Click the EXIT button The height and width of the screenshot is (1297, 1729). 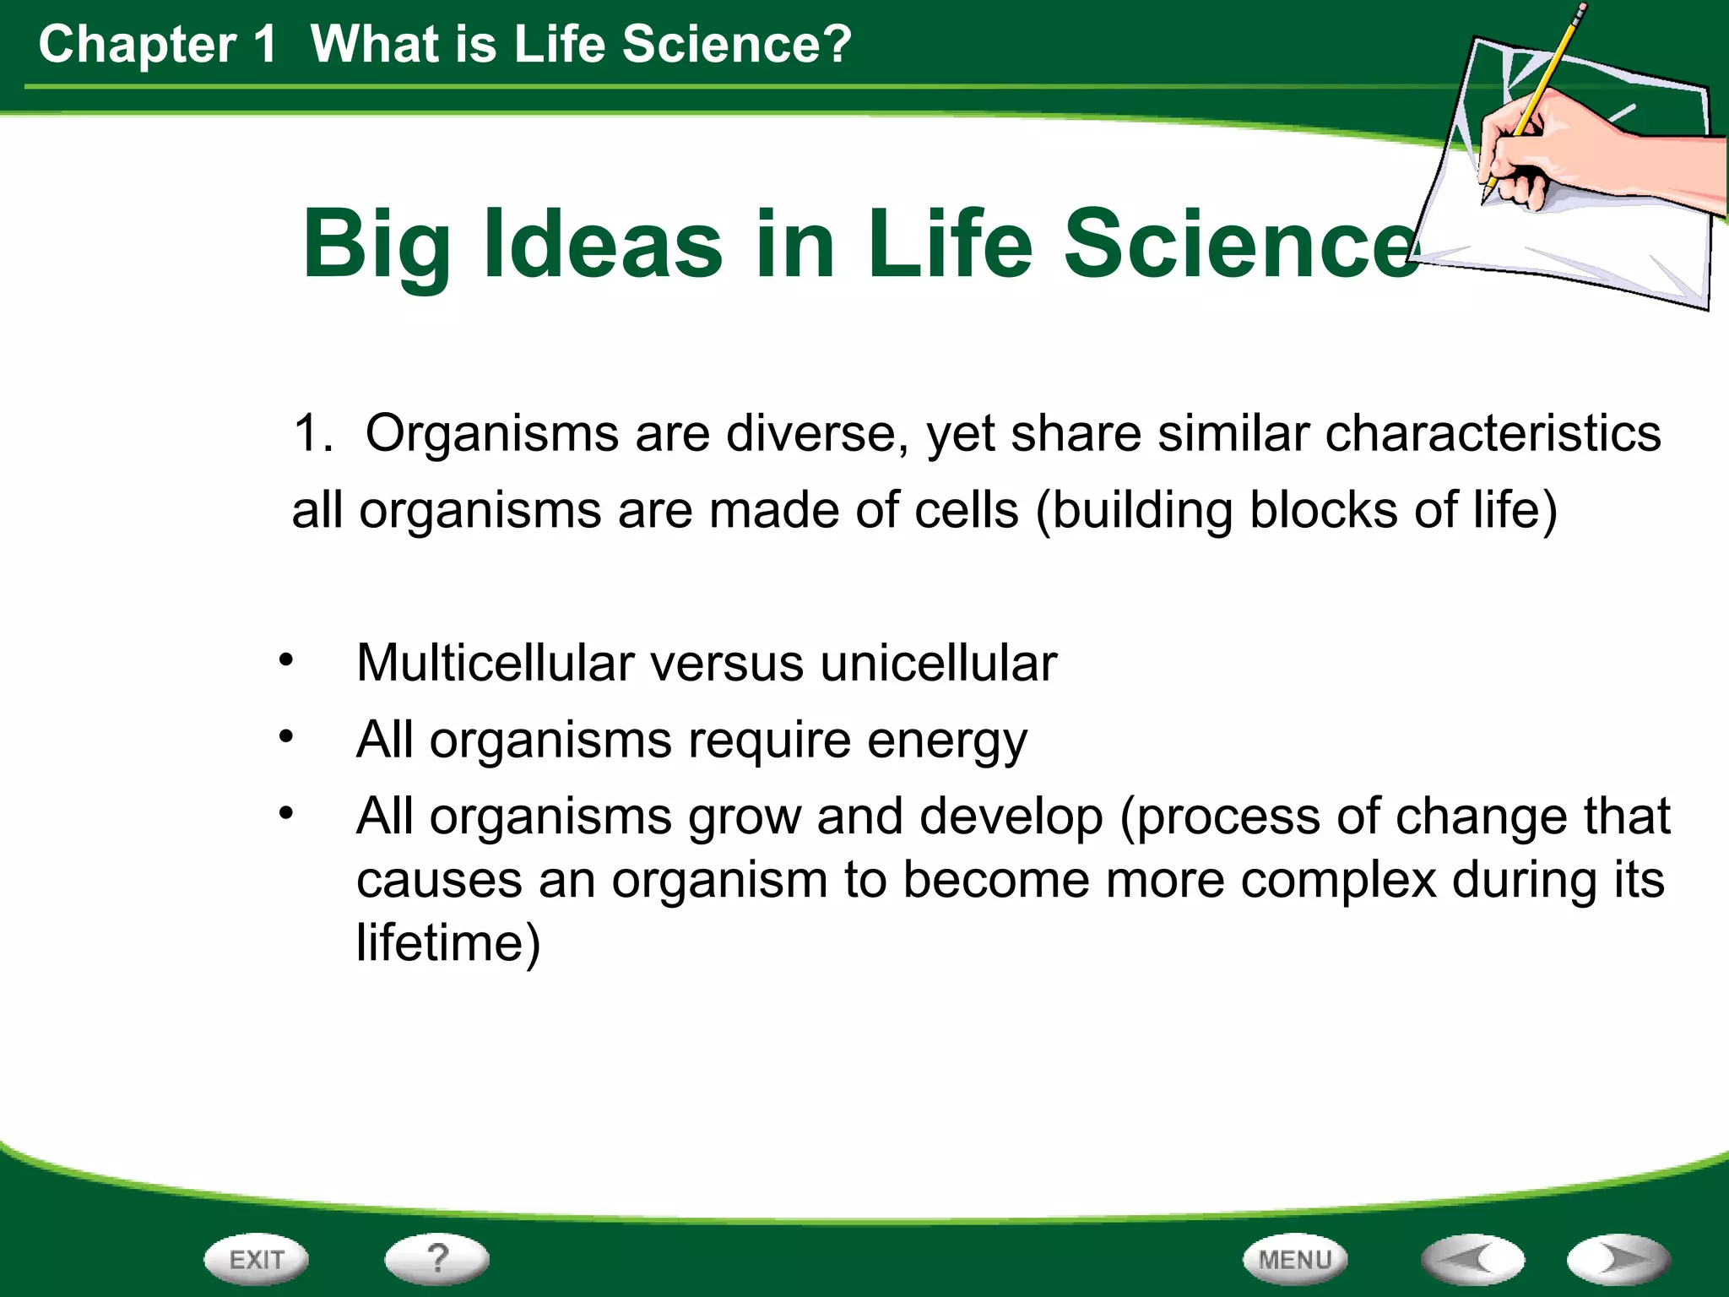point(256,1260)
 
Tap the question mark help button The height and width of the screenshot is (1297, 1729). point(436,1259)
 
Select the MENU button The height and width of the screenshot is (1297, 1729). point(1294,1260)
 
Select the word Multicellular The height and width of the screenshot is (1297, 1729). point(495,663)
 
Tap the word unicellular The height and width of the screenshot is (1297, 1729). point(938,663)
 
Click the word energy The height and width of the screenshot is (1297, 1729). point(947,741)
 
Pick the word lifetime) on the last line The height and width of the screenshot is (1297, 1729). point(448,943)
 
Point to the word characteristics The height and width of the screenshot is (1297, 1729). point(1493,434)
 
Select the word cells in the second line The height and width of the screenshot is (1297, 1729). point(967,511)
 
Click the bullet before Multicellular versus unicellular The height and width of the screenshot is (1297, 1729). point(287,659)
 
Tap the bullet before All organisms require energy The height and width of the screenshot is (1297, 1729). point(287,736)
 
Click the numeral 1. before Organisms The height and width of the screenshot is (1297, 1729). point(313,434)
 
